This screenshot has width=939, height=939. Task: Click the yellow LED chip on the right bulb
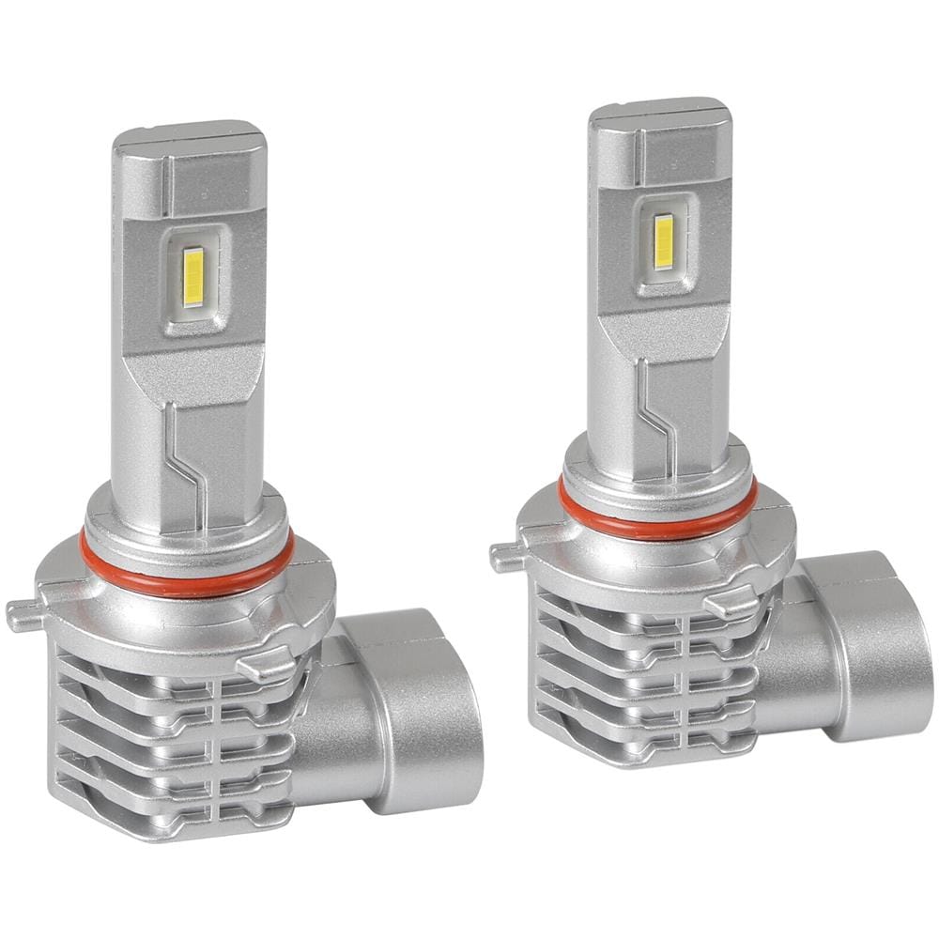pyautogui.click(x=665, y=241)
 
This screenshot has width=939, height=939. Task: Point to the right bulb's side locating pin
pyautogui.click(x=505, y=557)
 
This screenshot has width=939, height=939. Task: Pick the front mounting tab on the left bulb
pyautogui.click(x=265, y=667)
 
